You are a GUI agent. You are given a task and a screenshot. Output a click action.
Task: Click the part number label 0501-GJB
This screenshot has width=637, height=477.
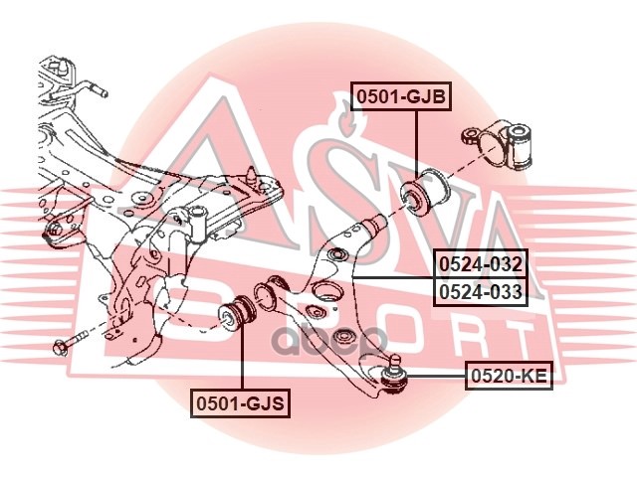[x=401, y=96]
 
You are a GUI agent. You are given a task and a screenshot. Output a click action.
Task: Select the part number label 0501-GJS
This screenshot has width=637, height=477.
[x=241, y=403]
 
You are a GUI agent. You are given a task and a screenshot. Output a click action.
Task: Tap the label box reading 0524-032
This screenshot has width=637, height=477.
[x=481, y=264]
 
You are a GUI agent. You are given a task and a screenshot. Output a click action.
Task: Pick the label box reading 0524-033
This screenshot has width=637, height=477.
[x=481, y=291]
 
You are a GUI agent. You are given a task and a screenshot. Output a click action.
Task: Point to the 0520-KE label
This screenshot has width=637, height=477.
[x=509, y=376]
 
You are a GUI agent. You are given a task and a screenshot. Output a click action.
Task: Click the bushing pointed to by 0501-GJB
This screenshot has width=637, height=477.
[x=424, y=190]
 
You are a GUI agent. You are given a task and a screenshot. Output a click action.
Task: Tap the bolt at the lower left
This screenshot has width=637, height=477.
[x=72, y=343]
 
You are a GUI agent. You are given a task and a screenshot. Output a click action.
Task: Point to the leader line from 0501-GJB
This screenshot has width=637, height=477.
[x=417, y=143]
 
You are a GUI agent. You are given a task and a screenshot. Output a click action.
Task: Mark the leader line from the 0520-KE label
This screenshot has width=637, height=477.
[x=436, y=377]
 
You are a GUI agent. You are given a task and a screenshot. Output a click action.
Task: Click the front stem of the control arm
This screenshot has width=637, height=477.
[x=373, y=227]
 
